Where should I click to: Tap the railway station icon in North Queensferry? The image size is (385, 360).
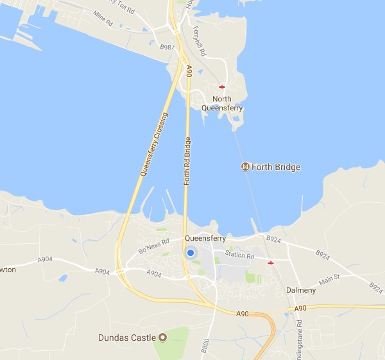pos(222,87)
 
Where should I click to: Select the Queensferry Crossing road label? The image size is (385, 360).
pos(154,145)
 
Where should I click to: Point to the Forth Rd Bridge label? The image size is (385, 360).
pos(187,161)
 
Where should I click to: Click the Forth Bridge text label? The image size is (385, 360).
pos(277,167)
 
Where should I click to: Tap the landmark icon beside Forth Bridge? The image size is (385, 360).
pos(245,167)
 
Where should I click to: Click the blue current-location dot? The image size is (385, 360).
pos(191,253)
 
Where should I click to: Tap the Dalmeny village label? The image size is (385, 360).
pos(299,290)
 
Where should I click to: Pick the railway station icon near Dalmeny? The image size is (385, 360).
pos(271,262)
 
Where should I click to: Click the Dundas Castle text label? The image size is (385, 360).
pos(126,337)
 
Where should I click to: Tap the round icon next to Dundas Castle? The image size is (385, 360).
pos(162,337)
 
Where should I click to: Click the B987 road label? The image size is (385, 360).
pos(167,47)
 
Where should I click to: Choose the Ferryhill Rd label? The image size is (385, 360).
pos(200,40)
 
